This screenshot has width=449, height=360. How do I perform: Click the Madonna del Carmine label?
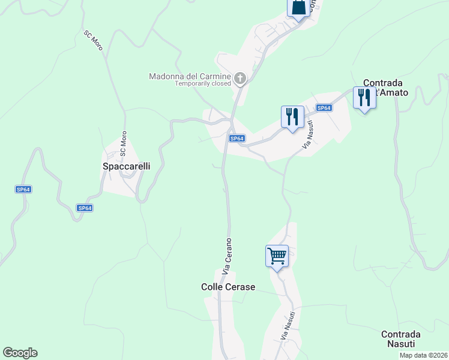[x=190, y=76]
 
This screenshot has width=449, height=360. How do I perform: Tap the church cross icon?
[x=240, y=77]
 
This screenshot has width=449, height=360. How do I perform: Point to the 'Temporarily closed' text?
[x=203, y=84]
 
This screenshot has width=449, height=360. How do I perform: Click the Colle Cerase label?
[x=228, y=287]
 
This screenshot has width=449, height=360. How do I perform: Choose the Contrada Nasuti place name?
[x=400, y=339]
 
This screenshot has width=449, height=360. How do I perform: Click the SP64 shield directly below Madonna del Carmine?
[x=237, y=139]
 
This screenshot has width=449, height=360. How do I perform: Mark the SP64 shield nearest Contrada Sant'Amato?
[x=324, y=108]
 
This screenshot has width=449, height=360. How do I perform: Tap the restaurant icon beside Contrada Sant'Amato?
[x=364, y=98]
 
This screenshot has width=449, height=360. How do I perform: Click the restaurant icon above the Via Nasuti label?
[x=292, y=117]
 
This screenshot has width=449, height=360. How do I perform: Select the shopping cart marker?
[x=277, y=256]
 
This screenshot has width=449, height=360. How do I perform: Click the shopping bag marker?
[x=298, y=8]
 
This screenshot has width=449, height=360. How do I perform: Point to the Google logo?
[x=20, y=353]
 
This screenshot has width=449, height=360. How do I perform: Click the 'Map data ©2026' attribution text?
[x=423, y=355]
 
